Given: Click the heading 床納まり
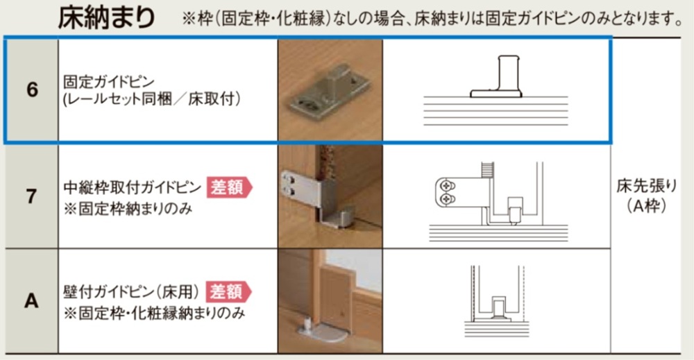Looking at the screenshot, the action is point(106,18).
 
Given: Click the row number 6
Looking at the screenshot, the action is point(33,89).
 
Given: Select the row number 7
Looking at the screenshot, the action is point(31,196).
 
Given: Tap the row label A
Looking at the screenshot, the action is point(31,301).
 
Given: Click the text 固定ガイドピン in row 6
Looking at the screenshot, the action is point(109,82).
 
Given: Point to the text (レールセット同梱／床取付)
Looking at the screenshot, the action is point(152,99).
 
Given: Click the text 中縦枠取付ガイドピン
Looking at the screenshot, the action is point(133,187).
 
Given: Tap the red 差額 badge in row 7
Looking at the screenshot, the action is point(229,187).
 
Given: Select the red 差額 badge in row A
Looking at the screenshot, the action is point(228,292).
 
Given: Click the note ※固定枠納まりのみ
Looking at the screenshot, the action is point(128,208).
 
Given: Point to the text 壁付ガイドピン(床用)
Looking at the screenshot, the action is point(131,292).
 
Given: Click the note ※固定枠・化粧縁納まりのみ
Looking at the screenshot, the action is point(154,313).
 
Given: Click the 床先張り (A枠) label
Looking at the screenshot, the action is point(647,196).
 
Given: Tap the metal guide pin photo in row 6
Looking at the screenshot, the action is point(330,90).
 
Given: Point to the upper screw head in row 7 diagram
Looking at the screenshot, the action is point(446,186).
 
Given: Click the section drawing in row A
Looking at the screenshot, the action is point(497,301).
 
